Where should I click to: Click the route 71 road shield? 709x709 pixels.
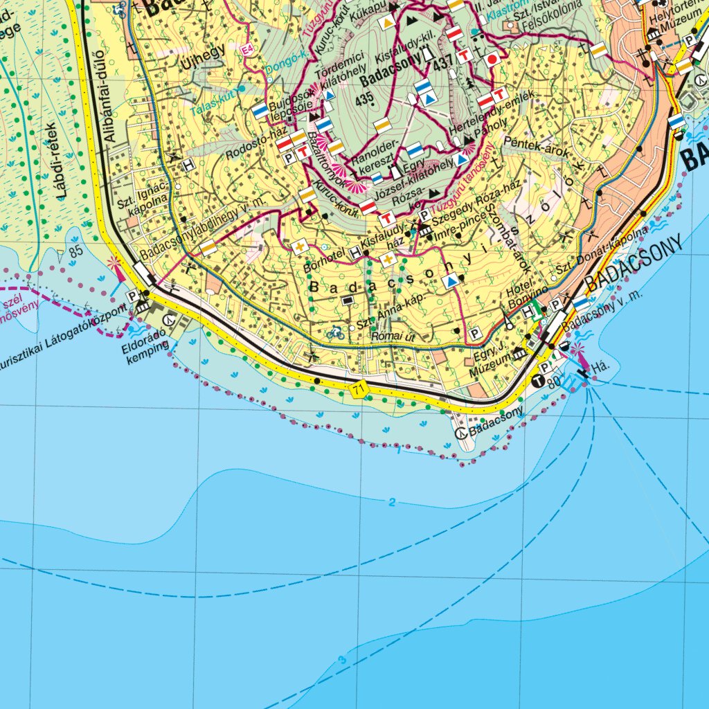[x=357, y=388]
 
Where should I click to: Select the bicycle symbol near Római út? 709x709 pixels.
[x=336, y=333]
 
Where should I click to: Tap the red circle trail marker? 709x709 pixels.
[x=492, y=59]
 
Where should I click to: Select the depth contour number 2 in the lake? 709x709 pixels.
[x=392, y=502]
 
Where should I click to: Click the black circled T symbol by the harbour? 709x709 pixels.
[x=539, y=379]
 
